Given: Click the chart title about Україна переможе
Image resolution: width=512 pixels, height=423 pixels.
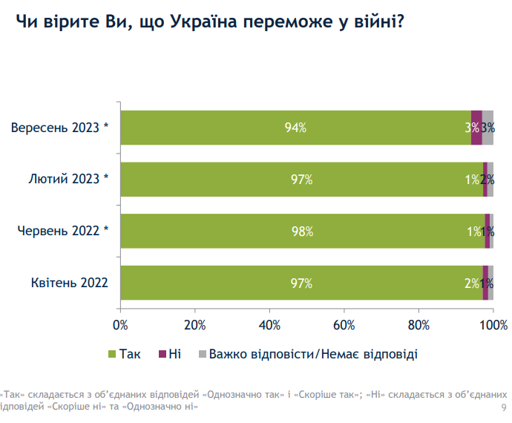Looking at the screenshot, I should [x=210, y=21].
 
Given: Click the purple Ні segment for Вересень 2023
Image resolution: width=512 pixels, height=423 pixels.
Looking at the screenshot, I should [x=476, y=128].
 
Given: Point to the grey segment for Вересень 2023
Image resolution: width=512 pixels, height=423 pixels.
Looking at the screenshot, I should [x=488, y=128].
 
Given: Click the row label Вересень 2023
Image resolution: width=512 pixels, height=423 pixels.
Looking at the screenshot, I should [x=59, y=128].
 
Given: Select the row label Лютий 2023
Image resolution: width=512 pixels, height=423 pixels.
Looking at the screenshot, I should [x=68, y=179].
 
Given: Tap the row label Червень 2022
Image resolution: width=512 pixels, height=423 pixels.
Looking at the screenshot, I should [x=63, y=231].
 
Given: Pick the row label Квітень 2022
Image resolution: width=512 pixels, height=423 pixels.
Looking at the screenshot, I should [x=70, y=283].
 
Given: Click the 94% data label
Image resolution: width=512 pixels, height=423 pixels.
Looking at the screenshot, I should [x=295, y=128].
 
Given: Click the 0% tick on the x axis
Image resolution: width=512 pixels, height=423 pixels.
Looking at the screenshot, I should [x=120, y=324].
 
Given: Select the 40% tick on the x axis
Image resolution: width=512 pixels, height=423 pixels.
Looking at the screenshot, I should [x=269, y=324].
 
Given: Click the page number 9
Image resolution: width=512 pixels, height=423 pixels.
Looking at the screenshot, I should [x=505, y=408].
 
